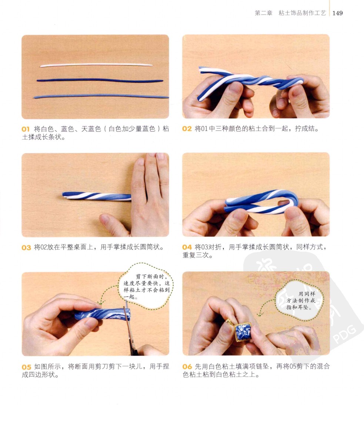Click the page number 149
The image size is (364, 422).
338,13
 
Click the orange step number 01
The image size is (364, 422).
25,129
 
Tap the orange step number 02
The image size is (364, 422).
187,129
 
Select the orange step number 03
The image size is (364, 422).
26,248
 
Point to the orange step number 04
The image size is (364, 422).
187,247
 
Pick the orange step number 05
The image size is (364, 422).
26,367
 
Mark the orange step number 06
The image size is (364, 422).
187,367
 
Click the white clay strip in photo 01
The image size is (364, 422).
96,65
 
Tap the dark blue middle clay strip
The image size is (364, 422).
100,80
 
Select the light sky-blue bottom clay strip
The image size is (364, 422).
101,96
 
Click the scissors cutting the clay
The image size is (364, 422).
130,329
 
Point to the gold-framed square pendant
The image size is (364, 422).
242,331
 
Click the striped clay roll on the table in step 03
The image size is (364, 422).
97,196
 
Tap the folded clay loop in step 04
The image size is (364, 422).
261,203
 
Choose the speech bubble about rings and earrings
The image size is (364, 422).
299,300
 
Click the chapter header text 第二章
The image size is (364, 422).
263,13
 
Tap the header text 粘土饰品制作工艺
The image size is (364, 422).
302,13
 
